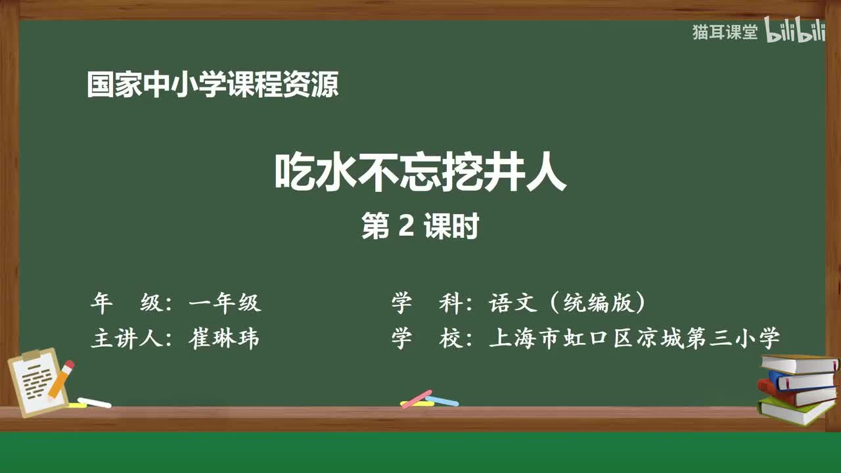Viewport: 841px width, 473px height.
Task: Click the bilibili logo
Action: (x=795, y=32)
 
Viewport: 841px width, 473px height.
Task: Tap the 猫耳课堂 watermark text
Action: (x=725, y=32)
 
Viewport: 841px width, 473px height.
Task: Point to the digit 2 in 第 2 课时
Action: (x=405, y=227)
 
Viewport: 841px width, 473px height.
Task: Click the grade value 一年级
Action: (x=225, y=303)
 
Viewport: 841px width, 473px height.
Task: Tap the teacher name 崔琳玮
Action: (x=225, y=338)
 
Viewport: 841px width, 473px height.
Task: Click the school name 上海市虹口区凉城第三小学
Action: (x=635, y=338)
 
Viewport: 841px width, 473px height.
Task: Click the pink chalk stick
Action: (x=417, y=398)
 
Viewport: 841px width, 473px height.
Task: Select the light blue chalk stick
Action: (x=442, y=400)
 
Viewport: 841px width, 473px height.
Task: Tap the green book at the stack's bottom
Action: (x=796, y=411)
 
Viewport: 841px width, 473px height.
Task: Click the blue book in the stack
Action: (x=800, y=379)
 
